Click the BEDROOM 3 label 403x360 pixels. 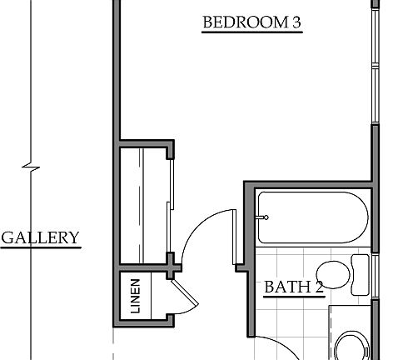click(x=251, y=23)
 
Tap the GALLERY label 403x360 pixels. click(x=40, y=238)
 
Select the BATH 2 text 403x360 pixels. click(x=292, y=288)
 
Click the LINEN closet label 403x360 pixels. click(x=136, y=295)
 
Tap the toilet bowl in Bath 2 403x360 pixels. click(x=335, y=274)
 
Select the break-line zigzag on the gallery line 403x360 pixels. click(x=32, y=166)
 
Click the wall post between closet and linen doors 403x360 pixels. click(x=172, y=264)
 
